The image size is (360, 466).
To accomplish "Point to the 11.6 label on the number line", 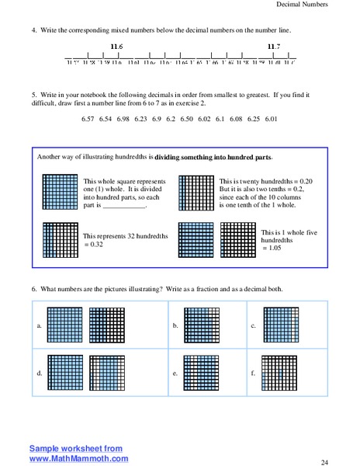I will (117, 47).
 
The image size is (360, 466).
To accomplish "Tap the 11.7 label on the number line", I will (274, 47).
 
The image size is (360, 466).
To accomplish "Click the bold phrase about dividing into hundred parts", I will (219, 157).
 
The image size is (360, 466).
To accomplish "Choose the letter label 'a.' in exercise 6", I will (39, 325).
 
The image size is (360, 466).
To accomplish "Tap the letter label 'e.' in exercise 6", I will (175, 374).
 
